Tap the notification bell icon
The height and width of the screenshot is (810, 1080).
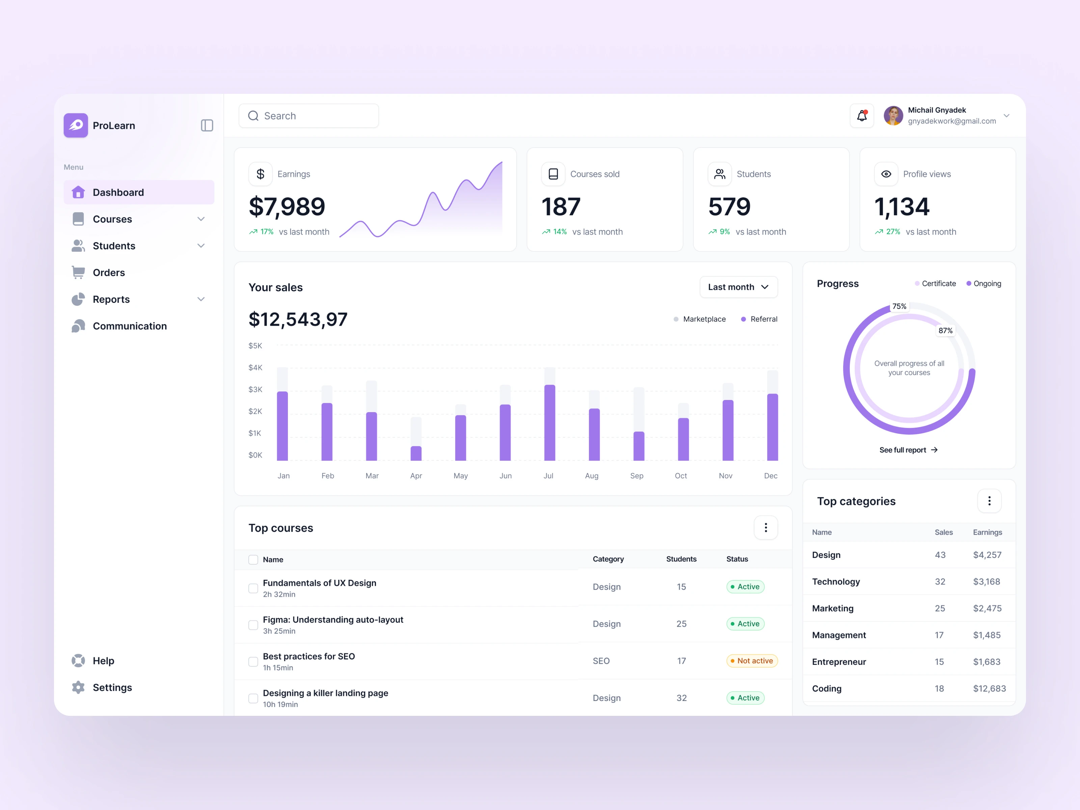pos(862,116)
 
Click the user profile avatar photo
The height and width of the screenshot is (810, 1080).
pos(893,116)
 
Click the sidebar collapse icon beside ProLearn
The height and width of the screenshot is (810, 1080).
pos(207,126)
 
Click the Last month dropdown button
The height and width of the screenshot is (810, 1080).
pos(738,287)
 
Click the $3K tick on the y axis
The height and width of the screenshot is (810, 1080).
pos(255,389)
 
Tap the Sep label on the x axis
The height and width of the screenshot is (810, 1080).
pos(637,476)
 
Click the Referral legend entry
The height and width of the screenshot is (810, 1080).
pos(763,319)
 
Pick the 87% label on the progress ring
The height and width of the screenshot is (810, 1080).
pos(945,330)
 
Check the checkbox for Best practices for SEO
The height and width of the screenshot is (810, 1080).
pos(253,661)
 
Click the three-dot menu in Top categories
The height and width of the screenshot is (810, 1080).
pos(989,501)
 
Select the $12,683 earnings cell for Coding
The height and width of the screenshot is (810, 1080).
pos(989,688)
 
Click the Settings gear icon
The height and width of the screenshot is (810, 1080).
pos(78,687)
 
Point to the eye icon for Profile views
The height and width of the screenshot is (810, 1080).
pos(886,174)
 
